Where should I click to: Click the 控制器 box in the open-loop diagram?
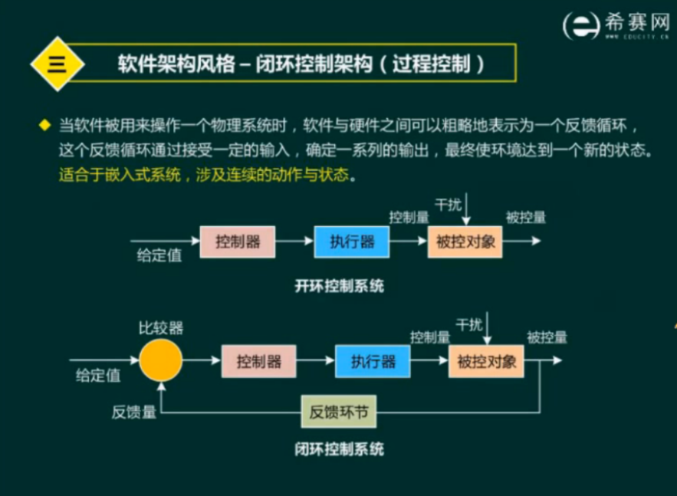point(238,242)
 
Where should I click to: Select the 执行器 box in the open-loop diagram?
point(352,242)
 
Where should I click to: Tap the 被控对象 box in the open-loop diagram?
point(465,242)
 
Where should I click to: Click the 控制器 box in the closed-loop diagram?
point(259,361)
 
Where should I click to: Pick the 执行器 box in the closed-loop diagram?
point(373,361)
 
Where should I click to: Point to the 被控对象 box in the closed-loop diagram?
point(486,361)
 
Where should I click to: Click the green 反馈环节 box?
point(338,413)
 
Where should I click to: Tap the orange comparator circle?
point(161,360)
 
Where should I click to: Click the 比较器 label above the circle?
point(161,328)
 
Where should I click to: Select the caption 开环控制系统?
point(339,287)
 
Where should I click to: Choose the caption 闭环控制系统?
point(339,448)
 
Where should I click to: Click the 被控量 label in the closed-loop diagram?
point(547,337)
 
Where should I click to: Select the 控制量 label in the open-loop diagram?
point(408,217)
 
